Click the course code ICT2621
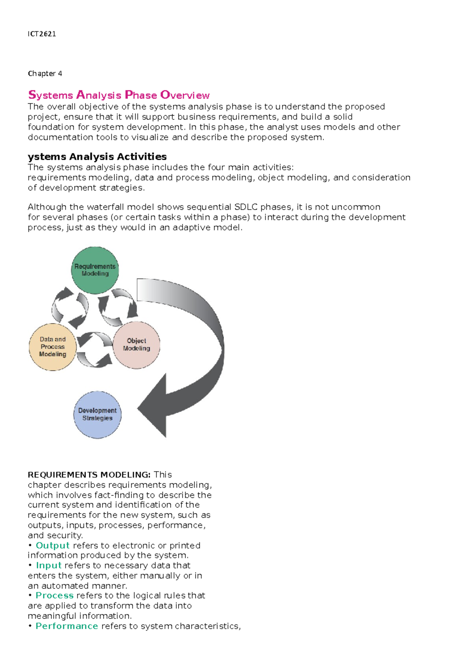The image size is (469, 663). point(42,34)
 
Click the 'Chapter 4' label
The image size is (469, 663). point(45,73)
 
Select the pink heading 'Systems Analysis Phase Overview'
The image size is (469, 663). point(119,95)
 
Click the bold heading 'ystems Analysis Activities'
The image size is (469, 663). point(97,157)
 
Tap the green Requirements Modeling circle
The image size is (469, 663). point(95,270)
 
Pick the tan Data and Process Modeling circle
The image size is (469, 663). point(52,347)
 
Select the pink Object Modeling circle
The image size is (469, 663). point(136,345)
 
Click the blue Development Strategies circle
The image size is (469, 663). point(97,414)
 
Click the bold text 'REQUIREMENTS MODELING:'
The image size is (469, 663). point(89,475)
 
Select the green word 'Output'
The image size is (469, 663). point(52,545)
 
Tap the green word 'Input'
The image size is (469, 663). point(49,565)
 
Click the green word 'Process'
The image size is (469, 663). point(54,595)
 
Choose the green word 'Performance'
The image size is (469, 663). point(67,626)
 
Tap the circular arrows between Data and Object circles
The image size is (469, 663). point(94,349)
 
